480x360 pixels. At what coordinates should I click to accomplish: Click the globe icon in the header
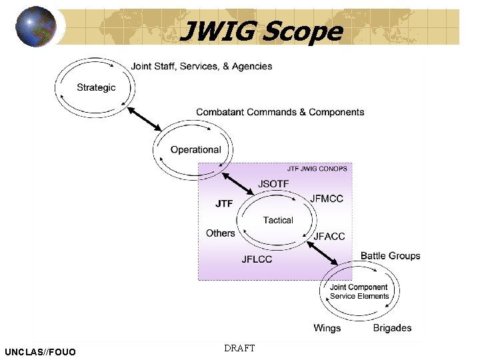(36, 27)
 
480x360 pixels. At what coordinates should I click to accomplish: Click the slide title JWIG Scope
(261, 31)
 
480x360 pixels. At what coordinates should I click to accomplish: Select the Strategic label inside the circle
(96, 87)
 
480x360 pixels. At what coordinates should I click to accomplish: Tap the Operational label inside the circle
(195, 150)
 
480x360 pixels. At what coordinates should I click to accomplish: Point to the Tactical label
(278, 220)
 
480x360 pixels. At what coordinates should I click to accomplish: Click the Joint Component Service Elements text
(359, 292)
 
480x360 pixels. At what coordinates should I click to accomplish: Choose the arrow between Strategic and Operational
(145, 118)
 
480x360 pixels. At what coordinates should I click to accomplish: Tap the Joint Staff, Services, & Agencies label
(201, 66)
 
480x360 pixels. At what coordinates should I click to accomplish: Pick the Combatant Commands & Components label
(280, 112)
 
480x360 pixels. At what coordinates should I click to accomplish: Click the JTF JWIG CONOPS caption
(317, 169)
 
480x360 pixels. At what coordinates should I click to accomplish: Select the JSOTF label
(273, 184)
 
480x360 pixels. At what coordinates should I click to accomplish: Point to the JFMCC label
(327, 199)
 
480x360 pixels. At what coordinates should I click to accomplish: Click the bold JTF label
(224, 203)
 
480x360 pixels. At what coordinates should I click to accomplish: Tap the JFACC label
(329, 236)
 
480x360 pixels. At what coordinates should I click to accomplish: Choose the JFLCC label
(257, 259)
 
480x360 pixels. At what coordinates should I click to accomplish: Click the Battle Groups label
(390, 255)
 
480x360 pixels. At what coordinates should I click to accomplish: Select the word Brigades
(392, 328)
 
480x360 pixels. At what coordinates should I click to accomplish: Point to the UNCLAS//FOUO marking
(40, 351)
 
